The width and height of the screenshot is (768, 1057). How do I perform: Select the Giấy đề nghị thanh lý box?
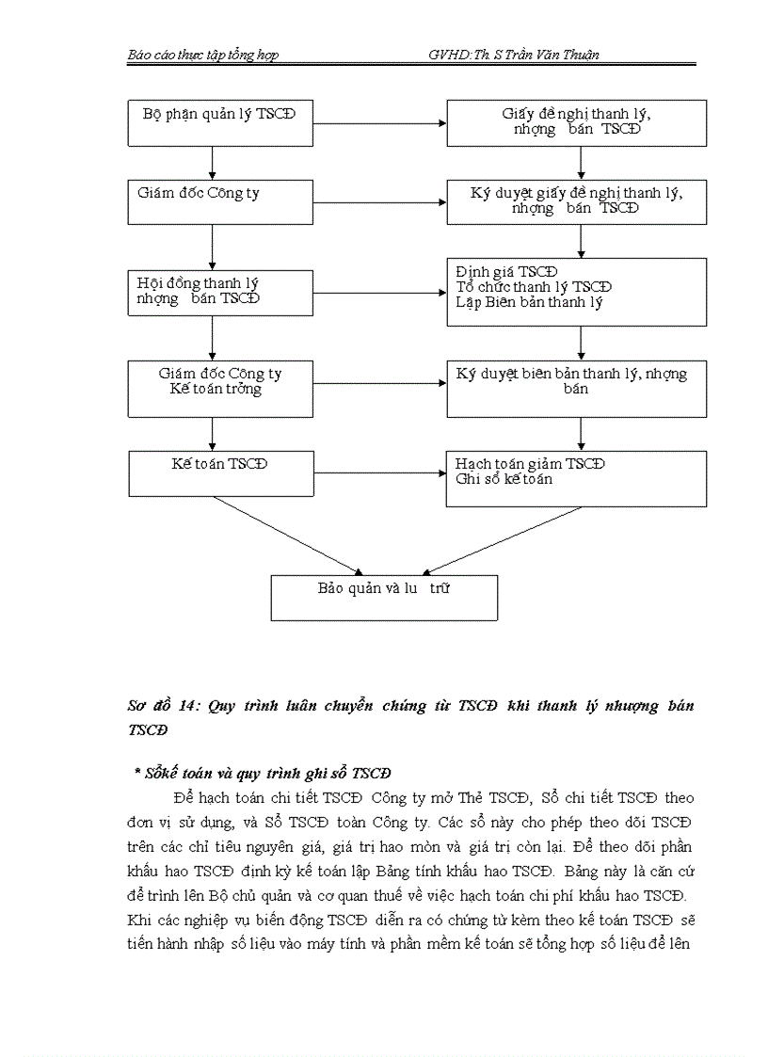(576, 122)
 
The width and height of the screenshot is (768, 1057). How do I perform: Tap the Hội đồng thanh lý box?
(220, 292)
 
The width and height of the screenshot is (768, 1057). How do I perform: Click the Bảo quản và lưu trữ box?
(384, 597)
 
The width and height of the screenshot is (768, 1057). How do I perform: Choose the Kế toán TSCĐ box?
(220, 472)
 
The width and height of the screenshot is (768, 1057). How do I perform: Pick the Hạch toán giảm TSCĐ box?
(576, 478)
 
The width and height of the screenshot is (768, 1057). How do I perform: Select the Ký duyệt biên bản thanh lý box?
(576, 388)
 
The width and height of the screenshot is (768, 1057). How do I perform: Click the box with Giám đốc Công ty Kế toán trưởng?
(220, 388)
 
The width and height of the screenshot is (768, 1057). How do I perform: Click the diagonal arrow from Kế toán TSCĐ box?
(287, 534)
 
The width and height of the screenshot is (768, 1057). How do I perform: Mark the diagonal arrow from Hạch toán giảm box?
(503, 539)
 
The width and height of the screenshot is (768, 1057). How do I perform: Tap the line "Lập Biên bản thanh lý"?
(529, 303)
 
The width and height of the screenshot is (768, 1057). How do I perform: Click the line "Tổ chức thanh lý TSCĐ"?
(533, 287)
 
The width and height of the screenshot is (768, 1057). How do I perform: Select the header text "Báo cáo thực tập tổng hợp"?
(202, 56)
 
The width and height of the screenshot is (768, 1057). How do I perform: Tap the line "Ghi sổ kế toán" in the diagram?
(504, 479)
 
